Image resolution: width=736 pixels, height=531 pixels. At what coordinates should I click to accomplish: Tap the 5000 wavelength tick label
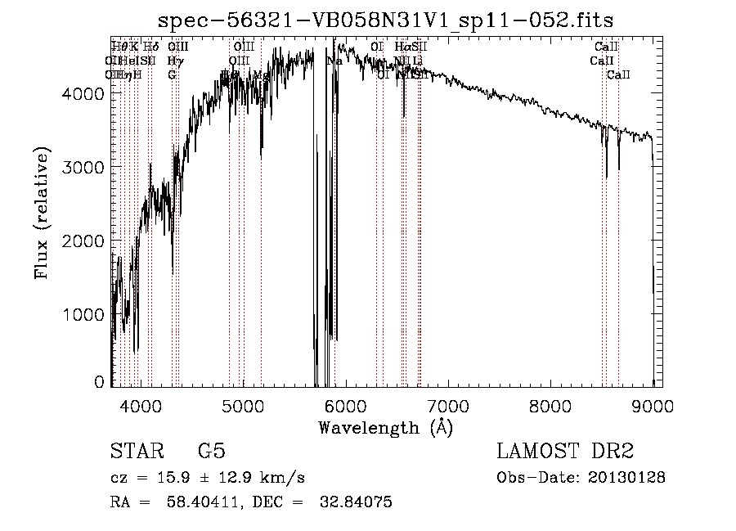243,405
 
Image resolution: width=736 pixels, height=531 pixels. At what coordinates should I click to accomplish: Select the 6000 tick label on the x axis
345,405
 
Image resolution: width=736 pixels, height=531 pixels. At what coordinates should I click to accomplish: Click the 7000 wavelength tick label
447,405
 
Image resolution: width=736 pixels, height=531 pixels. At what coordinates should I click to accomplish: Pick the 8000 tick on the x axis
550,405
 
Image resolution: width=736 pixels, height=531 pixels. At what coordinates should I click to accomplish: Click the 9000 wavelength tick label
652,405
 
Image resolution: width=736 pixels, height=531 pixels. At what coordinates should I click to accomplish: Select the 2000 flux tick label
83,241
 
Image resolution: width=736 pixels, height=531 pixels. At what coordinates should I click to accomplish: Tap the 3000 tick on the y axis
83,167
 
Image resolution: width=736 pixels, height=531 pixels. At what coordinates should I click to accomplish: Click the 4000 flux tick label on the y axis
83,93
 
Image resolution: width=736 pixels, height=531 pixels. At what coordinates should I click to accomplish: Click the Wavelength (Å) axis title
385,427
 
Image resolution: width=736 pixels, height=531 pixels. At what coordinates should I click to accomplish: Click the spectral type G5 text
211,452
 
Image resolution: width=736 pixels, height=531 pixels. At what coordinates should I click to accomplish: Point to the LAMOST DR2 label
565,452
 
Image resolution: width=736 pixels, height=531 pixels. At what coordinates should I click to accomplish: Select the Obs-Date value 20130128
627,478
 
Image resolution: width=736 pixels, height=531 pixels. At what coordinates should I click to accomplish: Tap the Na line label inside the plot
334,61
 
